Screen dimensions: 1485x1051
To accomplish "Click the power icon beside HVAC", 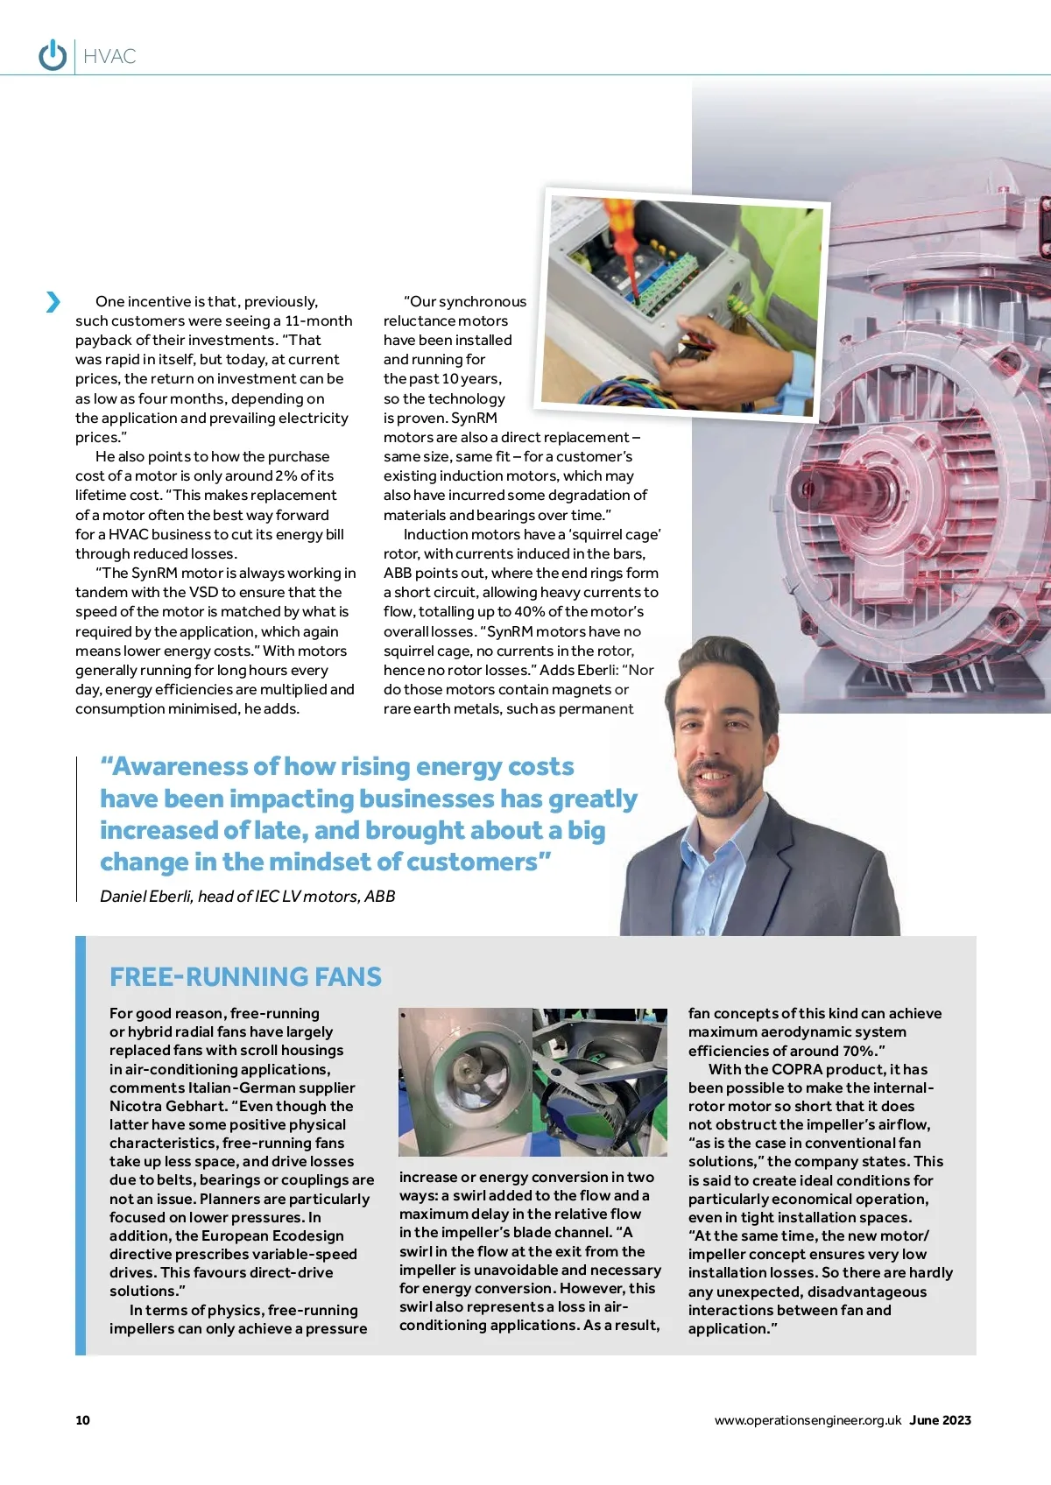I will tap(53, 55).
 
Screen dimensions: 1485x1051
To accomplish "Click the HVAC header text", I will tap(110, 57).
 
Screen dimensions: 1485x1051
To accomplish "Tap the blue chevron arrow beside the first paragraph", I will tap(53, 302).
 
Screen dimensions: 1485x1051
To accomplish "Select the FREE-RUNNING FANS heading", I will tap(245, 976).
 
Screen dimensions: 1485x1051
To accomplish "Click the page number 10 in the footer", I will tap(82, 1420).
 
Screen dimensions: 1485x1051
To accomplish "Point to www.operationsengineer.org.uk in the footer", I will tap(808, 1420).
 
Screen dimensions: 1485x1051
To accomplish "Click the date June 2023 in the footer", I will tap(940, 1420).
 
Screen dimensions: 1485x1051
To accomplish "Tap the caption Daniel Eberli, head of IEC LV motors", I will tap(247, 896).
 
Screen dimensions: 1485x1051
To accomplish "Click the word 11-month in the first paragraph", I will tap(319, 320).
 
